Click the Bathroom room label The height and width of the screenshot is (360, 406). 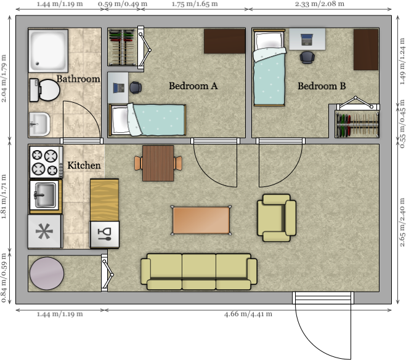coord(78,79)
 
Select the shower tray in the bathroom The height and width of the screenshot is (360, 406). coord(48,50)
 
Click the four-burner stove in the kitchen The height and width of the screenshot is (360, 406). coord(46,162)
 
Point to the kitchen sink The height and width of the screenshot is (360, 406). coord(46,195)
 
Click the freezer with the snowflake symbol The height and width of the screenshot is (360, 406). coord(45,231)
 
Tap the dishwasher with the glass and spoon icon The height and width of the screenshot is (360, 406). coord(104,234)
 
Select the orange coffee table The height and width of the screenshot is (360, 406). coord(201,220)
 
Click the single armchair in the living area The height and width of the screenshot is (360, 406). coord(277,218)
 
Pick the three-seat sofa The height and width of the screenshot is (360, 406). coord(199,271)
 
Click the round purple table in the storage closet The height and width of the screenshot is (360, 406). coord(47,273)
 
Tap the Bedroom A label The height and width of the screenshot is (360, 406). coord(193,86)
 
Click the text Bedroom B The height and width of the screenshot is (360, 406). coord(322,86)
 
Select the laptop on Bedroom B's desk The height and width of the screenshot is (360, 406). coord(307,39)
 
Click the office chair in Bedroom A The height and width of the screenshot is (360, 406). coord(136,87)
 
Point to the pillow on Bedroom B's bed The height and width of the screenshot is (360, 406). coord(269,40)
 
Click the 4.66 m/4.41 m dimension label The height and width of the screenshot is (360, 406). coord(248,314)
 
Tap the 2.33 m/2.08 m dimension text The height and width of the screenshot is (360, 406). coord(320,4)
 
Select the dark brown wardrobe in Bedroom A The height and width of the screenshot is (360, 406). coord(224,41)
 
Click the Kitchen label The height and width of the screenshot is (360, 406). coord(84,166)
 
